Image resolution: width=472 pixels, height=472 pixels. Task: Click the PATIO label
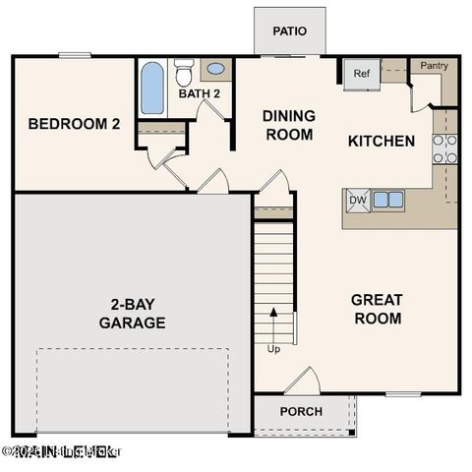(x=289, y=31)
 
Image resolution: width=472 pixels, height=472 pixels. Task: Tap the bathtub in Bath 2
(x=152, y=89)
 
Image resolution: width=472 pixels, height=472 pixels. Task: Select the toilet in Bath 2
(x=183, y=72)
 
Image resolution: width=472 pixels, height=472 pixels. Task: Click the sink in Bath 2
(x=215, y=70)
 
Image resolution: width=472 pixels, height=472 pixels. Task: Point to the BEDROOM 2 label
(x=74, y=124)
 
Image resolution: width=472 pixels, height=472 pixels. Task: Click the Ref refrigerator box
(x=361, y=73)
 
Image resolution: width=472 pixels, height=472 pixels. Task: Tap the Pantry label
(x=435, y=66)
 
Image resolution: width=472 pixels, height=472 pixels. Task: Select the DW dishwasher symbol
(x=356, y=200)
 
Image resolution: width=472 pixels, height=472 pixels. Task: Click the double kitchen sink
(x=387, y=200)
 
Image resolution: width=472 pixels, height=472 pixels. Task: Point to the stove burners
(x=444, y=147)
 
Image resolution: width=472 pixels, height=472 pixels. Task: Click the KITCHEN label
(x=382, y=141)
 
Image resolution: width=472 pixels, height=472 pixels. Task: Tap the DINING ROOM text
(x=288, y=125)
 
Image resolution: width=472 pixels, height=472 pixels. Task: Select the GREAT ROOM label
(x=377, y=309)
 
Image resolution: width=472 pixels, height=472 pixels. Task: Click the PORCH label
(x=301, y=411)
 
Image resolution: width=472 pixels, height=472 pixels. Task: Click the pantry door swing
(x=421, y=94)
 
